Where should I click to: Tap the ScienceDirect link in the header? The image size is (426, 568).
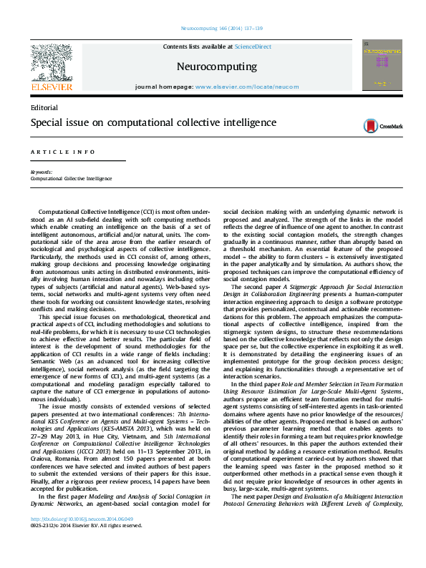pos(253,46)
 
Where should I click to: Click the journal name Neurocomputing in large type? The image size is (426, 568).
pos(216,67)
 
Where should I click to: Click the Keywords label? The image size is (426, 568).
pos(41,172)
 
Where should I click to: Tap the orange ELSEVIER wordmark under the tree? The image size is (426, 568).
pos(52,87)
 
